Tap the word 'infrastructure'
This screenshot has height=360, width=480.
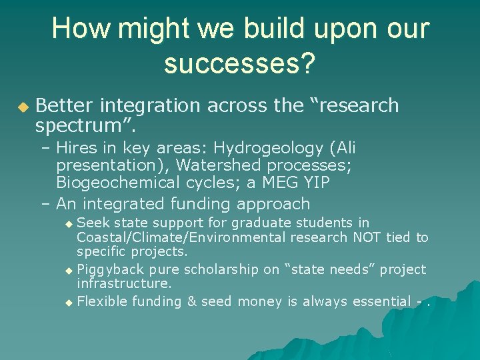(x=123, y=284)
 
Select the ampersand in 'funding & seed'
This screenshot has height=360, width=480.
(x=191, y=301)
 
